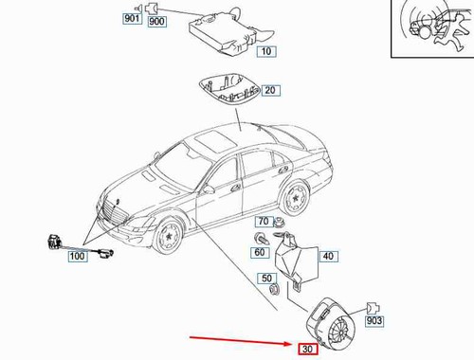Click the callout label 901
(x=132, y=18)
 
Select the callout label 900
(x=157, y=22)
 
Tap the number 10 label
(x=266, y=51)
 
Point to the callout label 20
(x=270, y=90)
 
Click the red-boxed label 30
(x=307, y=349)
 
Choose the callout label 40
(x=328, y=256)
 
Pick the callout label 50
(x=266, y=279)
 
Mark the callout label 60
(x=260, y=252)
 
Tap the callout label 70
(x=264, y=221)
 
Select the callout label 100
(x=77, y=256)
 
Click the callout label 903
(x=374, y=321)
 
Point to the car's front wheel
(x=169, y=235)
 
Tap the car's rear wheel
(x=296, y=198)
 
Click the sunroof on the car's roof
(x=215, y=140)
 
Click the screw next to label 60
(x=262, y=239)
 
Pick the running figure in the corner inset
(x=450, y=30)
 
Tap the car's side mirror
(x=209, y=189)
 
